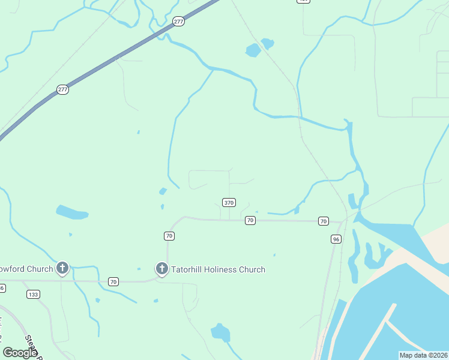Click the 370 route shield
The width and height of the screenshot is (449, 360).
(x=228, y=203)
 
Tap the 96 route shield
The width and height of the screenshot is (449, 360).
(x=336, y=239)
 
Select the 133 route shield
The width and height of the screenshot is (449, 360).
(x=33, y=294)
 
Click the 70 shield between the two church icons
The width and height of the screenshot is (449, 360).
(x=113, y=281)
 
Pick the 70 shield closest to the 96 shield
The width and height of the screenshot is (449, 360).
(x=324, y=221)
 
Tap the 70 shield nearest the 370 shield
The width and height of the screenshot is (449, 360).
(x=250, y=221)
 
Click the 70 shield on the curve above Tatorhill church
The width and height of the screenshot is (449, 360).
(x=169, y=236)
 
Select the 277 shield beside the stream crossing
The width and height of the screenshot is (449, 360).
(x=178, y=22)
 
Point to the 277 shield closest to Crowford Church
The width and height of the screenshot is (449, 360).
(x=63, y=89)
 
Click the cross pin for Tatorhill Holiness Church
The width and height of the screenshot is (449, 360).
(x=161, y=269)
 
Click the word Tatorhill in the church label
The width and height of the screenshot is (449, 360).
(x=194, y=269)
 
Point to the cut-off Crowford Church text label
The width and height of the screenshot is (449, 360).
(x=26, y=269)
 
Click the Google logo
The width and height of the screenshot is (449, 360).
(x=20, y=353)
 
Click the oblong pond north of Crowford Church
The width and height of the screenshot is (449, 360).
(x=72, y=212)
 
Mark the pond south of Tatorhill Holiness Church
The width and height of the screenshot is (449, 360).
(x=220, y=332)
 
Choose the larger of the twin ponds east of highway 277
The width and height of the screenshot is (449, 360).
(x=253, y=50)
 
